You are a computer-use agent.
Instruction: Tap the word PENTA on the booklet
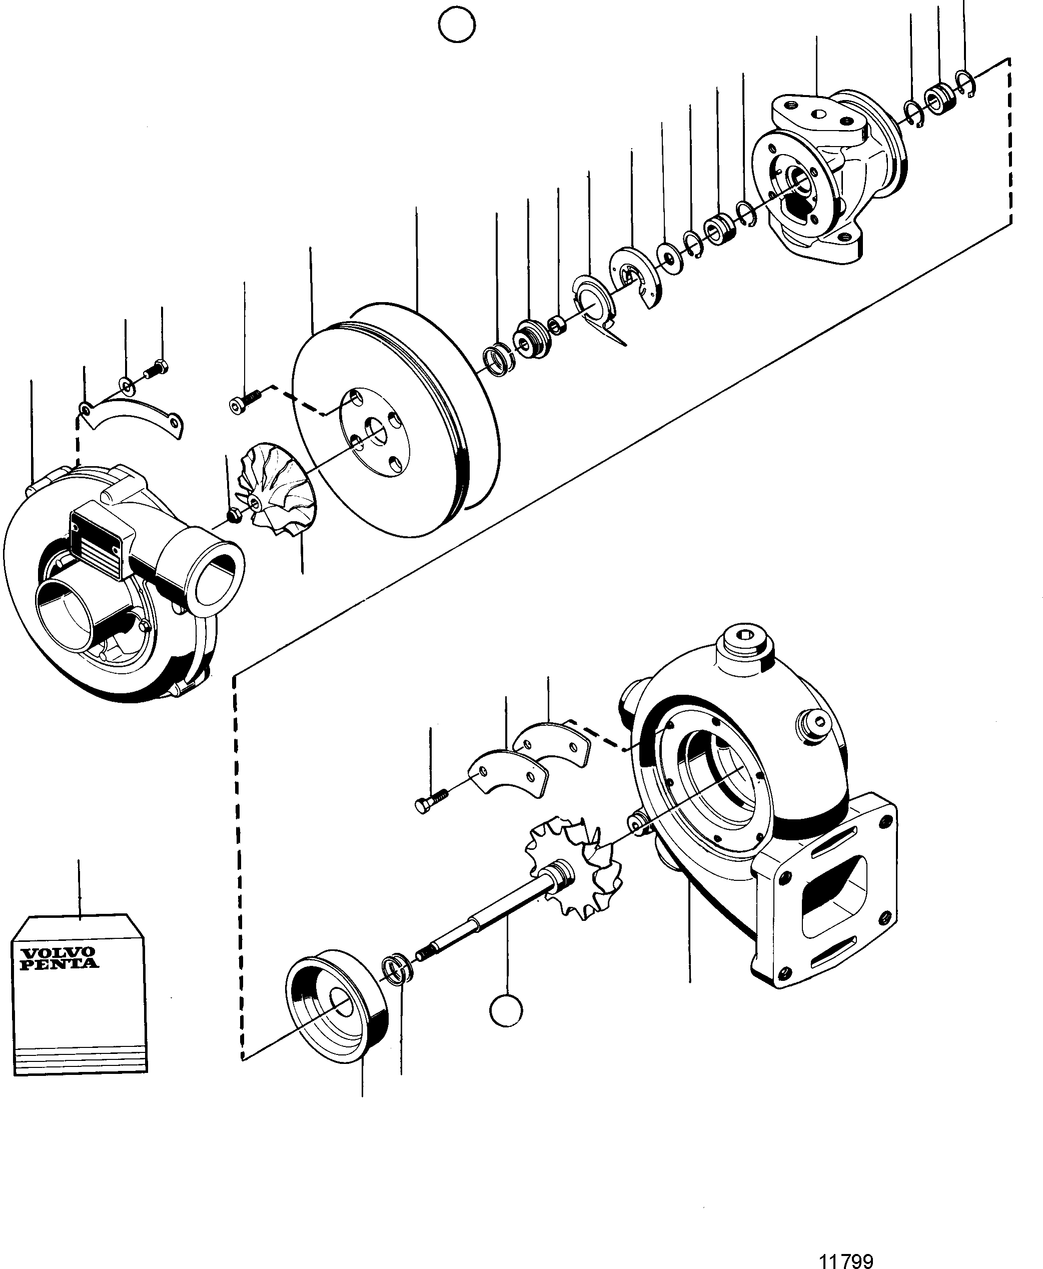coord(60,963)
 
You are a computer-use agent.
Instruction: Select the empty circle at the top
coord(457,25)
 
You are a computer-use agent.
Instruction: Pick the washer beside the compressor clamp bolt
coord(127,384)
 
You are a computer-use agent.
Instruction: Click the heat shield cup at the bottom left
coord(337,1009)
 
